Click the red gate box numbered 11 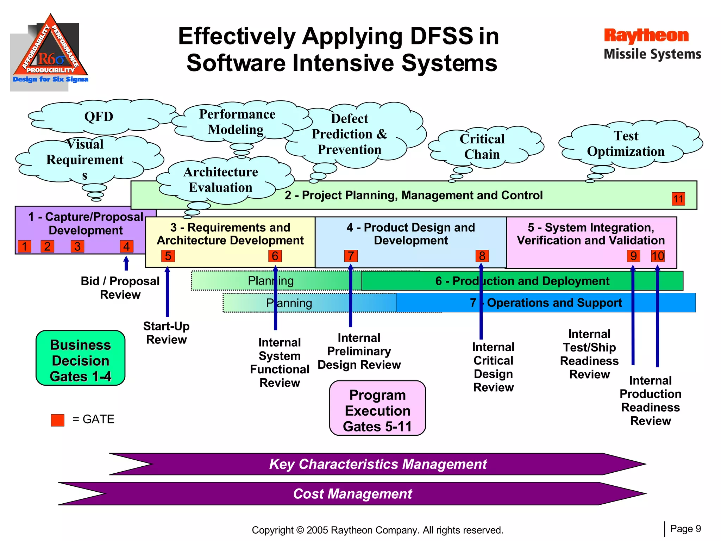678,199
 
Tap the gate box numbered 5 168,256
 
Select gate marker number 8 482,256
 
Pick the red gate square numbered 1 25,246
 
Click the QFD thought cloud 99,117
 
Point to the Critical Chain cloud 482,147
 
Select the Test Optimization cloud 626,144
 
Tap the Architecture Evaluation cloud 221,180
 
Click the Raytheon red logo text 646,36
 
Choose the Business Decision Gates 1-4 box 80,358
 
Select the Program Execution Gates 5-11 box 377,408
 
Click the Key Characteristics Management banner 377,464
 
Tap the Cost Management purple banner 352,494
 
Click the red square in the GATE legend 57,420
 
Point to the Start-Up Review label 166,333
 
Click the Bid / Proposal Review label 120,288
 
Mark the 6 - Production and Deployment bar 522,281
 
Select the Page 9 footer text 685,529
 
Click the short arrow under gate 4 126,263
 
